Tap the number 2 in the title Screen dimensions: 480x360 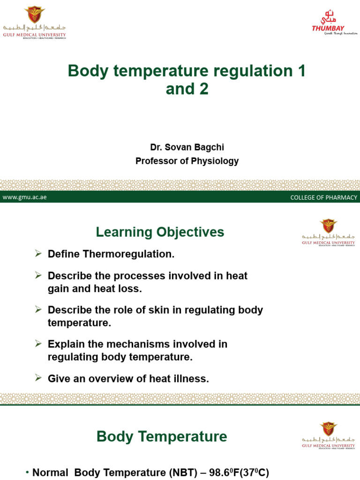pos(203,89)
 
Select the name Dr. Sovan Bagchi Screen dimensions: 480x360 pos(187,147)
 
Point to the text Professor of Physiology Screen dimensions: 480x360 pos(187,161)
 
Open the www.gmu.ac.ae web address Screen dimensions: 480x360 pos(24,197)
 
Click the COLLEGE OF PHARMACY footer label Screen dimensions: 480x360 pos(323,197)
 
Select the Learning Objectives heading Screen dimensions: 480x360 pos(160,232)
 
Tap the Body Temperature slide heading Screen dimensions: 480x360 pos(162,437)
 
